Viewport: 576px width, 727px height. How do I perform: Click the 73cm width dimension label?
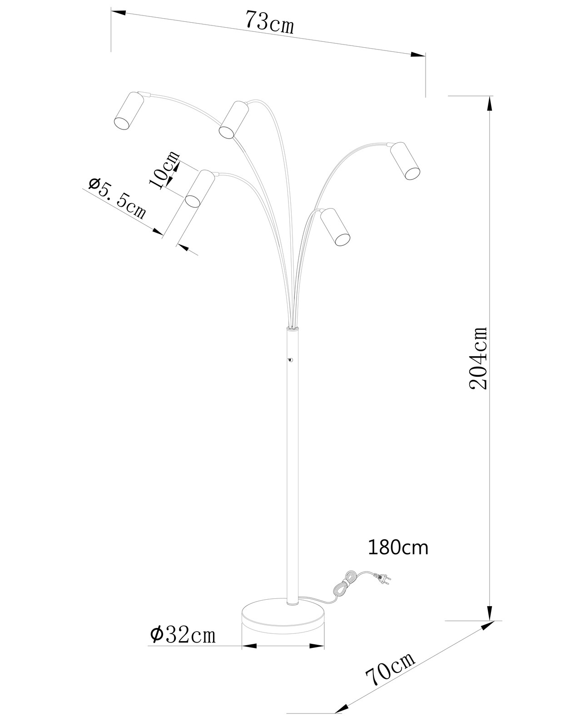[x=269, y=23]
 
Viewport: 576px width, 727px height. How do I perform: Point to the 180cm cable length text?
[x=397, y=548]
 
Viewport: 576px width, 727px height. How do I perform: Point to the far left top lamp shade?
[x=129, y=110]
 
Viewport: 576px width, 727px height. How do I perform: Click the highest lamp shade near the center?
[x=233, y=120]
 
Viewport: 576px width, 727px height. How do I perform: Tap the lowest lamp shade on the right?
[x=336, y=227]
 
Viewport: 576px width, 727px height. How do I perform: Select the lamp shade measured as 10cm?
[x=199, y=189]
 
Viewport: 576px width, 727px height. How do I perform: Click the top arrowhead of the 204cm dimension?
[x=489, y=105]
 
